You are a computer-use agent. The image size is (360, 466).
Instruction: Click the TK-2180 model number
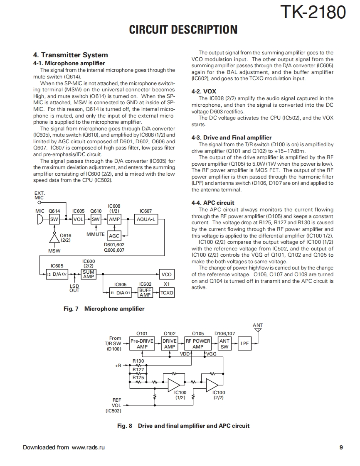[x=313, y=12]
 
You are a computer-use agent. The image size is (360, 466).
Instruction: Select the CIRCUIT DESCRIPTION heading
[x=183, y=30]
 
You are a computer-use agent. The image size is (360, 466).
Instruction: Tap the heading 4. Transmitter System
[x=70, y=55]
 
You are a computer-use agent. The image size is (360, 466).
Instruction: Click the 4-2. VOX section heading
[x=204, y=91]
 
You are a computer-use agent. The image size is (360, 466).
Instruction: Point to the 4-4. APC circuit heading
[x=213, y=203]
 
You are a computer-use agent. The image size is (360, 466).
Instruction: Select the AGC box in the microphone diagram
[x=114, y=235]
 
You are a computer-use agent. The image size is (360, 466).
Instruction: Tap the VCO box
[x=166, y=275]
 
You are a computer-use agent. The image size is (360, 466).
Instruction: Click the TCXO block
[x=167, y=293]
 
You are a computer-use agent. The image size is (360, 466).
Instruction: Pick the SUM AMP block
[x=89, y=275]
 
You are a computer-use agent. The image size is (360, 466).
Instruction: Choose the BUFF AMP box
[x=145, y=293]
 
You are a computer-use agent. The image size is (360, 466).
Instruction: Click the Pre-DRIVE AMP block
[x=142, y=343]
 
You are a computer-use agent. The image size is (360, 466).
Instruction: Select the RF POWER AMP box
[x=198, y=343]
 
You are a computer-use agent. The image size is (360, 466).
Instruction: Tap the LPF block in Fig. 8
[x=245, y=343]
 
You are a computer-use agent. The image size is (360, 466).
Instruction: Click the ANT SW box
[x=224, y=343]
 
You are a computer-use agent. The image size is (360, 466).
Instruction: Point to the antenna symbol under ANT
[x=258, y=331]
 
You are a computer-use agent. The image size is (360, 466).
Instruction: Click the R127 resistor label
[x=138, y=369]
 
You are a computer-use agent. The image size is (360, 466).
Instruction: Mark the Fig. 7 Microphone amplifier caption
[x=104, y=309]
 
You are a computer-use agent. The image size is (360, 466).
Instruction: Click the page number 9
[x=341, y=447]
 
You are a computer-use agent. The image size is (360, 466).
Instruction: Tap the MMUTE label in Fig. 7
[x=96, y=235]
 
